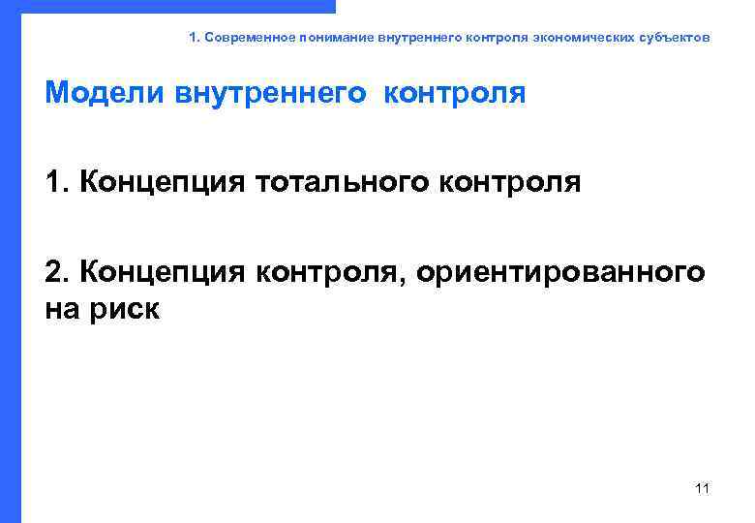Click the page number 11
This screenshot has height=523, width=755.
pos(703,487)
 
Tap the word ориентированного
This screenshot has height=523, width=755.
pos(562,272)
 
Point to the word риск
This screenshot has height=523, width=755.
pos(122,310)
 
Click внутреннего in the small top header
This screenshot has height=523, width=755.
pos(419,38)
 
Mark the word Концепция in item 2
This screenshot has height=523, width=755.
pos(164,272)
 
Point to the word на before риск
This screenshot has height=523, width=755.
pos(62,310)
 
